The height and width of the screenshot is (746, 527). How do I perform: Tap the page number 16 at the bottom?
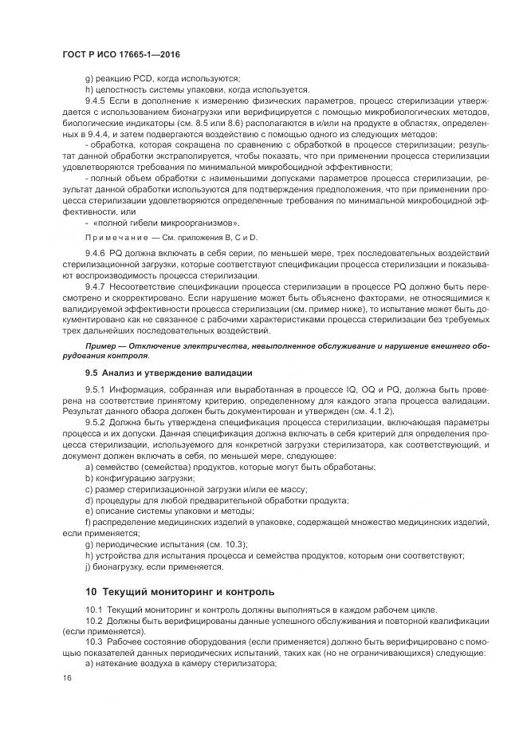66,677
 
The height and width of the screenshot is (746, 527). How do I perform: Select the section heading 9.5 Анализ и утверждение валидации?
168,373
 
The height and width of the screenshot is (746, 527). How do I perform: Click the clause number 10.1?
95,610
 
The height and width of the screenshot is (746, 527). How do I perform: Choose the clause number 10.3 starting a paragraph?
95,642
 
